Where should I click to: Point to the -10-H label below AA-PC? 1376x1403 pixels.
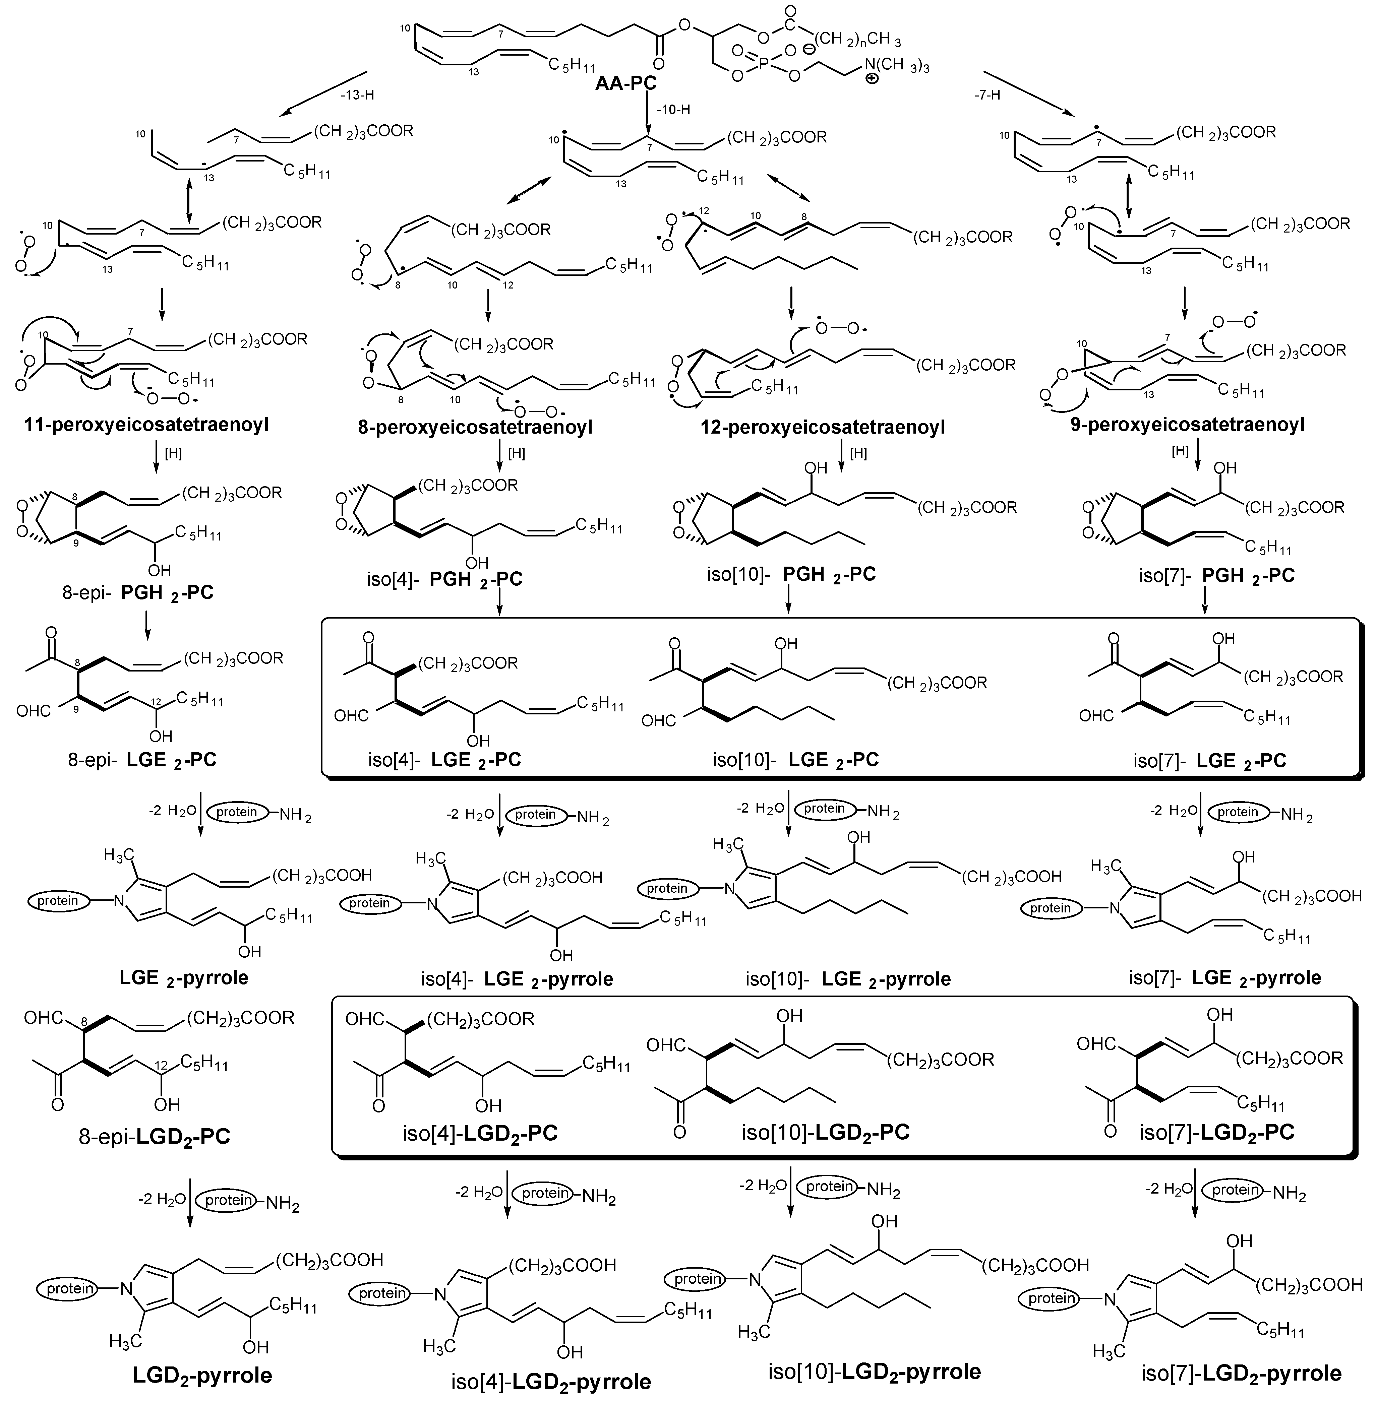coord(673,110)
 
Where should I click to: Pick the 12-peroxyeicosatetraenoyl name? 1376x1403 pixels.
coord(823,428)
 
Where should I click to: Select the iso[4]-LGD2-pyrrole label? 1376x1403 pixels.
coord(549,1381)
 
